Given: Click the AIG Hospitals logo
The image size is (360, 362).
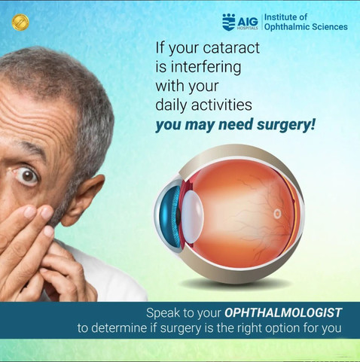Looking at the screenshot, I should click(x=239, y=22).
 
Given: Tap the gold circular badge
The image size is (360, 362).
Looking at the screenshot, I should click(x=19, y=21).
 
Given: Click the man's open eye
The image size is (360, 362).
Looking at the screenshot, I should click(x=28, y=176).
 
